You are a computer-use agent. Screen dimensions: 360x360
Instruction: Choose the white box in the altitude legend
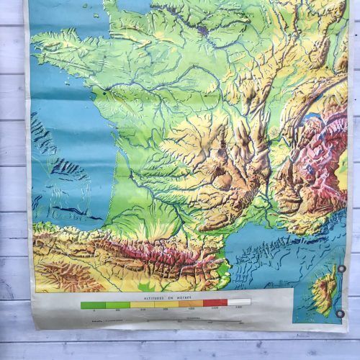coord(239,303)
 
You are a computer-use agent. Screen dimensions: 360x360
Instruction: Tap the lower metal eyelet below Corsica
coord(340,312)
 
